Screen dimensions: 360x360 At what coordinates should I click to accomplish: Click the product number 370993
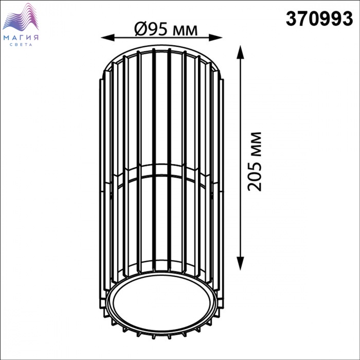319,19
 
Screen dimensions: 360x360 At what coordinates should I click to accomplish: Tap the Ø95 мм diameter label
166,30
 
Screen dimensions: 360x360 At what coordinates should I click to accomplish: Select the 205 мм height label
255,161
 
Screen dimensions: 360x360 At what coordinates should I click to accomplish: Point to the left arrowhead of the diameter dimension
107,38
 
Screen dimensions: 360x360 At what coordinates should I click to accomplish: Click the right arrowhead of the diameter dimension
215,38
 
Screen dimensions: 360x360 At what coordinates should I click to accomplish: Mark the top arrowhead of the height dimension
240,52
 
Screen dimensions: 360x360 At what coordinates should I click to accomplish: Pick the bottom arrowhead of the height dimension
240,263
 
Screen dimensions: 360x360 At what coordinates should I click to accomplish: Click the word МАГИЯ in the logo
21,38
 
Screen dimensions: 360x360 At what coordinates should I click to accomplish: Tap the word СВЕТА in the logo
21,45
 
